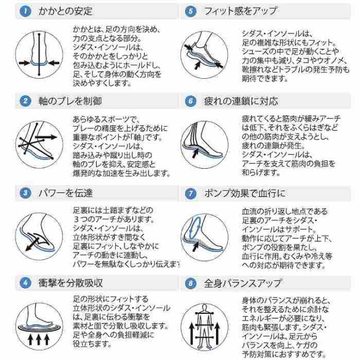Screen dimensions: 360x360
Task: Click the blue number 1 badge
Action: [25, 11]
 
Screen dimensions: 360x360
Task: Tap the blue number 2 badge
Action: [25, 101]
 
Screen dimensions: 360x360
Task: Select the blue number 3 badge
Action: [25, 193]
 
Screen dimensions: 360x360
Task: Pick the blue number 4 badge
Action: [25, 282]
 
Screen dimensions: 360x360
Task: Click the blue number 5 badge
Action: [191, 11]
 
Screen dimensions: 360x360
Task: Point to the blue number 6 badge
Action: [191, 101]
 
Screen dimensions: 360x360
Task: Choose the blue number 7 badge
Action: [191, 193]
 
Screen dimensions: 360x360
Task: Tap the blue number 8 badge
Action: [191, 282]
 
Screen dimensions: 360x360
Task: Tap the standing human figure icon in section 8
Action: [205, 326]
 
